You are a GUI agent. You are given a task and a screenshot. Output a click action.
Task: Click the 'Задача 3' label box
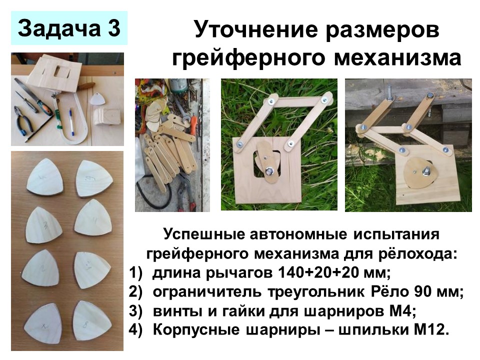[69, 28]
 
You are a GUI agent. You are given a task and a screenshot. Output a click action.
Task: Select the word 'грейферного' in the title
[248, 57]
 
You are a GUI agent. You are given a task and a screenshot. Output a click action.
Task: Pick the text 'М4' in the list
[402, 311]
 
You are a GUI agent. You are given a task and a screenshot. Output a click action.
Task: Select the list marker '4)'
[136, 330]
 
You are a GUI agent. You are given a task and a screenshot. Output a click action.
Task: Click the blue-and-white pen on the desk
[71, 121]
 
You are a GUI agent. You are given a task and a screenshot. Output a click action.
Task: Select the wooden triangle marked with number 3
[44, 225]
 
